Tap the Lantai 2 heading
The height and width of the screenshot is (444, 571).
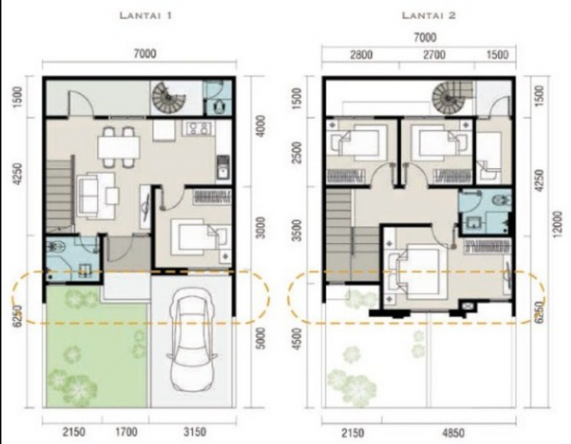click(x=426, y=14)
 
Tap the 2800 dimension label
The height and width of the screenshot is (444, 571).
click(x=359, y=56)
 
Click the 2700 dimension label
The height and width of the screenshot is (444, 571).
click(x=435, y=56)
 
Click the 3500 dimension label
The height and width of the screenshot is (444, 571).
click(x=298, y=232)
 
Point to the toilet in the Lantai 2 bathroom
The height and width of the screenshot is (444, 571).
click(x=499, y=200)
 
